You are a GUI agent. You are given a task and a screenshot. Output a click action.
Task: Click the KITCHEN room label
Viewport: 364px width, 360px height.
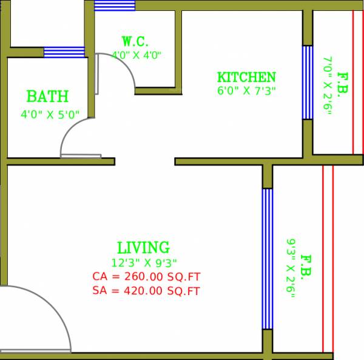[246, 78]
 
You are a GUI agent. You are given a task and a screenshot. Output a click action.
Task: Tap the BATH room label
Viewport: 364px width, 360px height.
[47, 97]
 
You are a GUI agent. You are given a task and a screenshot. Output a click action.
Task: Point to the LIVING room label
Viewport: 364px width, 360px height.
[143, 248]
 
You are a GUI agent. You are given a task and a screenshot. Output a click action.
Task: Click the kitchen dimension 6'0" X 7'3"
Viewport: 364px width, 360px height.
[246, 92]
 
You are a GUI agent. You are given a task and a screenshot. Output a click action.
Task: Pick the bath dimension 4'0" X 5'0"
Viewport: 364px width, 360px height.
[48, 114]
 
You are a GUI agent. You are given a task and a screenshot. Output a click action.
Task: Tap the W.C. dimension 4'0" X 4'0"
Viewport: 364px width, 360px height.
[136, 55]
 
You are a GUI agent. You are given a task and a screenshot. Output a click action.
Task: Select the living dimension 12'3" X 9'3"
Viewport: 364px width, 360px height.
[144, 263]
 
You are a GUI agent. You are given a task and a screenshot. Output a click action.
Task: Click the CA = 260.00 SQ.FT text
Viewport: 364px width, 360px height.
[146, 277]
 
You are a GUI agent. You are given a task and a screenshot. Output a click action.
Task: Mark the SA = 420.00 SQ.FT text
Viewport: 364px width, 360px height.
[146, 291]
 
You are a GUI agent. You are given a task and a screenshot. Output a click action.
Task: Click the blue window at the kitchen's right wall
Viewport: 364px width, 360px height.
[307, 82]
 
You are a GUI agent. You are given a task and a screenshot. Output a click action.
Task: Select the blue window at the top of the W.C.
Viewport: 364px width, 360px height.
[115, 5]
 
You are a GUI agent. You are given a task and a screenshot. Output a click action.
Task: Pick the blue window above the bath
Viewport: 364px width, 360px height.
[64, 52]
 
